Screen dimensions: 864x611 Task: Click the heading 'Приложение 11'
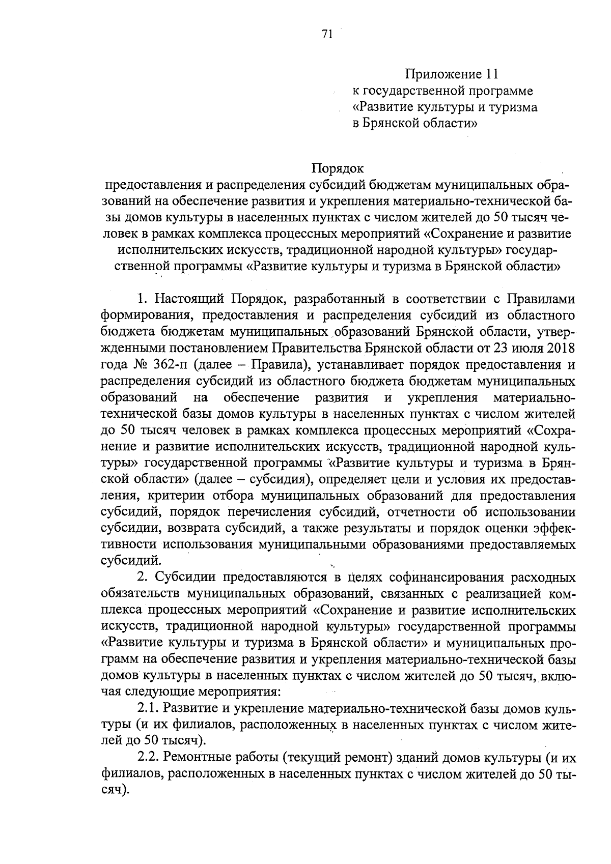[x=450, y=75]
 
